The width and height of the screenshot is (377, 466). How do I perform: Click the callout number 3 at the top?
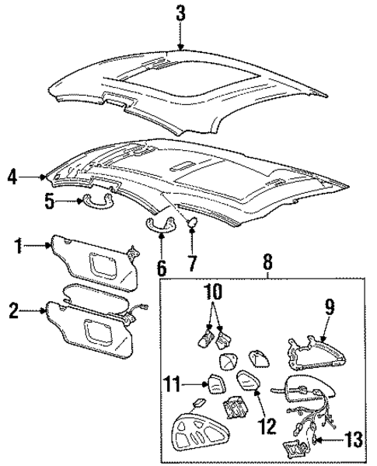point(180,12)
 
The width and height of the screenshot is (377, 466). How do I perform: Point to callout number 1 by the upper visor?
point(17,249)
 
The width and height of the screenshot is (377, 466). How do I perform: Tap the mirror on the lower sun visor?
point(102,332)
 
